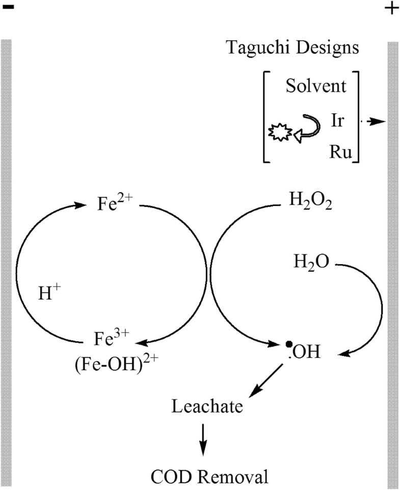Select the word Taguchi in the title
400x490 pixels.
(x=257, y=49)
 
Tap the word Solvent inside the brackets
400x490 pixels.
(x=315, y=86)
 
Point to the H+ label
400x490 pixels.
(x=49, y=294)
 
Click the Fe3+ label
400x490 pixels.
(x=108, y=338)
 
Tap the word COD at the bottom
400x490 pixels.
(x=172, y=477)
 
